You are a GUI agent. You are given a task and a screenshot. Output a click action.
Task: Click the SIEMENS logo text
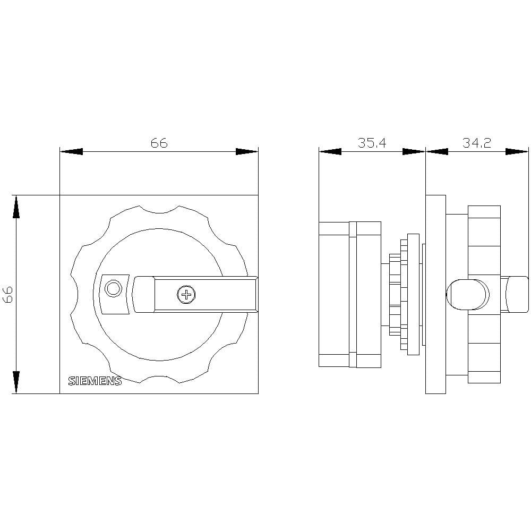click(95, 381)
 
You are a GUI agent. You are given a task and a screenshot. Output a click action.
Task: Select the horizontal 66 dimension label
click(158, 143)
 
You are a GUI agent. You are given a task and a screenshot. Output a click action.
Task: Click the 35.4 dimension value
click(371, 143)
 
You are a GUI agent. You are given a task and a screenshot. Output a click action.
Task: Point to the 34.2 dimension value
click(476, 143)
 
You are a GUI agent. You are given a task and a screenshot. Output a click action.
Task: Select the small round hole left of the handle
click(113, 288)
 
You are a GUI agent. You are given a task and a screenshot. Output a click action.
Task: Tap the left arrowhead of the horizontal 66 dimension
click(71, 152)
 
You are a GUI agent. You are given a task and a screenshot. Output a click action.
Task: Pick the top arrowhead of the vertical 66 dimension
click(16, 207)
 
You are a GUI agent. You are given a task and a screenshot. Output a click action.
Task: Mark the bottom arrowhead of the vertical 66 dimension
click(16, 382)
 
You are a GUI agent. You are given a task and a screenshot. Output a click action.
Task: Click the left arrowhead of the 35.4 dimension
click(330, 152)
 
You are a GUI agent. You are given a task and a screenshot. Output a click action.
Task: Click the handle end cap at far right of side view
click(517, 294)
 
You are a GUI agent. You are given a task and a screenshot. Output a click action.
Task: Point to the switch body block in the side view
click(349, 294)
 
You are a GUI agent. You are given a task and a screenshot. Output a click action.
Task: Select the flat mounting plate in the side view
click(435, 294)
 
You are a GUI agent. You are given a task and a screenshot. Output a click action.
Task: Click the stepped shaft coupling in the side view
click(404, 294)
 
